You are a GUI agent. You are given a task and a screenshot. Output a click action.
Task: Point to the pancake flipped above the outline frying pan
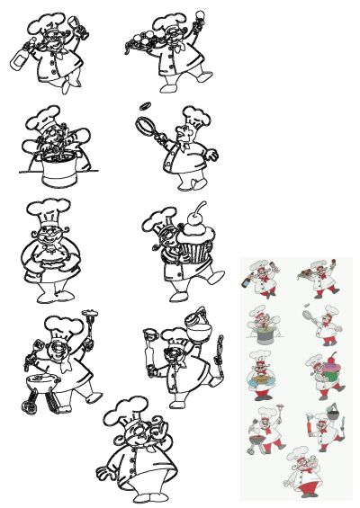pyautogui.click(x=143, y=106)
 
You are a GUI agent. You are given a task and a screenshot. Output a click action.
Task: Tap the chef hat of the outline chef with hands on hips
pyautogui.click(x=125, y=410)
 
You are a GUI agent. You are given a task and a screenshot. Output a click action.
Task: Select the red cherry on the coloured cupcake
pyautogui.click(x=328, y=357)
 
